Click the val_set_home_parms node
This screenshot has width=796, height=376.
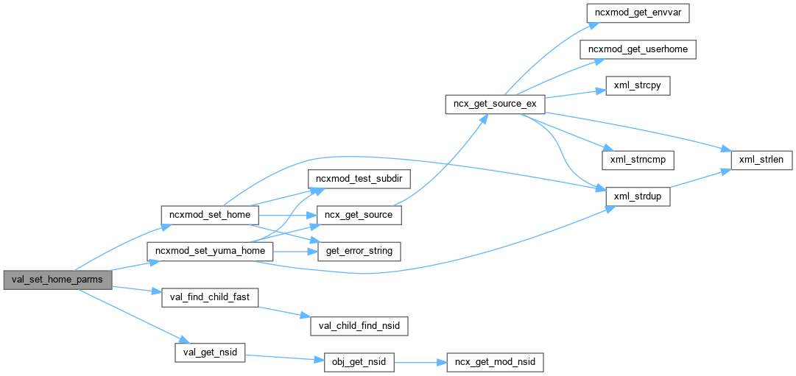pos(57,280)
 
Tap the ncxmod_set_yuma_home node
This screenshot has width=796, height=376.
pos(211,251)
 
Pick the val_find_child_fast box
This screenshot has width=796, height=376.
pos(209,297)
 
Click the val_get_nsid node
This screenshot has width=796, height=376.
pos(209,352)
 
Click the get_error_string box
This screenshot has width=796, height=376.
pos(359,251)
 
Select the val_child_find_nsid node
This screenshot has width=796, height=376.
pos(359,324)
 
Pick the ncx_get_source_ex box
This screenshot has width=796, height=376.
pos(495,104)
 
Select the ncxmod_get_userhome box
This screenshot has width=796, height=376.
pos(638,49)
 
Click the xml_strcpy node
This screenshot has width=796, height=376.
pos(638,85)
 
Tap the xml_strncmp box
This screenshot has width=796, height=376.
pos(638,159)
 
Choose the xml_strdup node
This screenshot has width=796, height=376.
pos(638,196)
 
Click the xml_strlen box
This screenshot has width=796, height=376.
pos(761,159)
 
